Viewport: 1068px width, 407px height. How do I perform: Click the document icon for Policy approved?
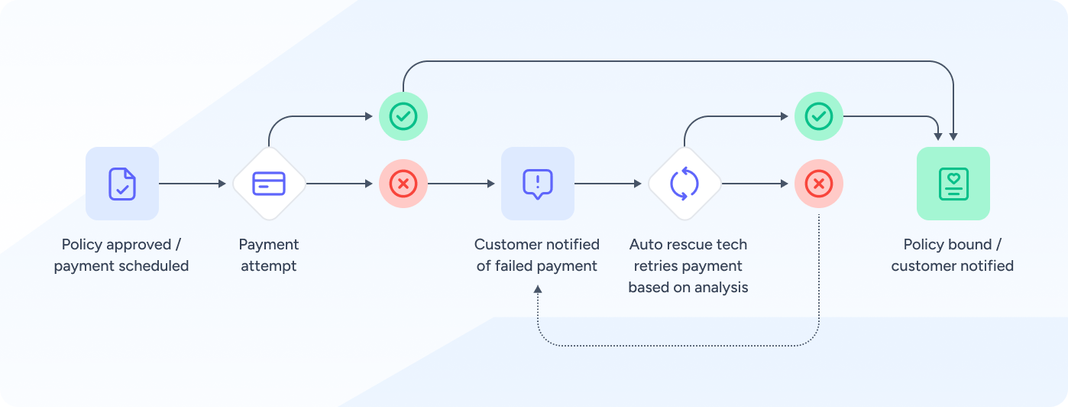click(122, 184)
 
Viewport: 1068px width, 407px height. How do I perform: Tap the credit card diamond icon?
click(269, 184)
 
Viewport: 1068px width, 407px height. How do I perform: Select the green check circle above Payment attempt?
click(403, 116)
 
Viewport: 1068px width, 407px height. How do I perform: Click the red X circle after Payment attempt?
click(403, 184)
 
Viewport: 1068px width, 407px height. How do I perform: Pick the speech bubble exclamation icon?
click(538, 184)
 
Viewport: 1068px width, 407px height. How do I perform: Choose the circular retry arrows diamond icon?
click(684, 184)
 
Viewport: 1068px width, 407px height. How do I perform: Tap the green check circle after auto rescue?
click(819, 116)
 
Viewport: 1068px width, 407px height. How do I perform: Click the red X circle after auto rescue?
click(819, 184)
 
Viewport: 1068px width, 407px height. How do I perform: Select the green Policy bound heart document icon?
click(953, 184)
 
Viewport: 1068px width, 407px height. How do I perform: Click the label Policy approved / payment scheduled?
click(121, 256)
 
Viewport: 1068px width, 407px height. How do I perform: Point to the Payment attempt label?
click(269, 256)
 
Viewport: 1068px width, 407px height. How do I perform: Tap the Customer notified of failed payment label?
click(537, 256)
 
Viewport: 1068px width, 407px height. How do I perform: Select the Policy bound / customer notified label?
click(953, 256)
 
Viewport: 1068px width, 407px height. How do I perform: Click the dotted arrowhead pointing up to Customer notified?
click(538, 289)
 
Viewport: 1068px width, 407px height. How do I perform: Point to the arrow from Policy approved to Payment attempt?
click(194, 184)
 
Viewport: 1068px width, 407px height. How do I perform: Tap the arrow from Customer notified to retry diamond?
click(608, 184)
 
